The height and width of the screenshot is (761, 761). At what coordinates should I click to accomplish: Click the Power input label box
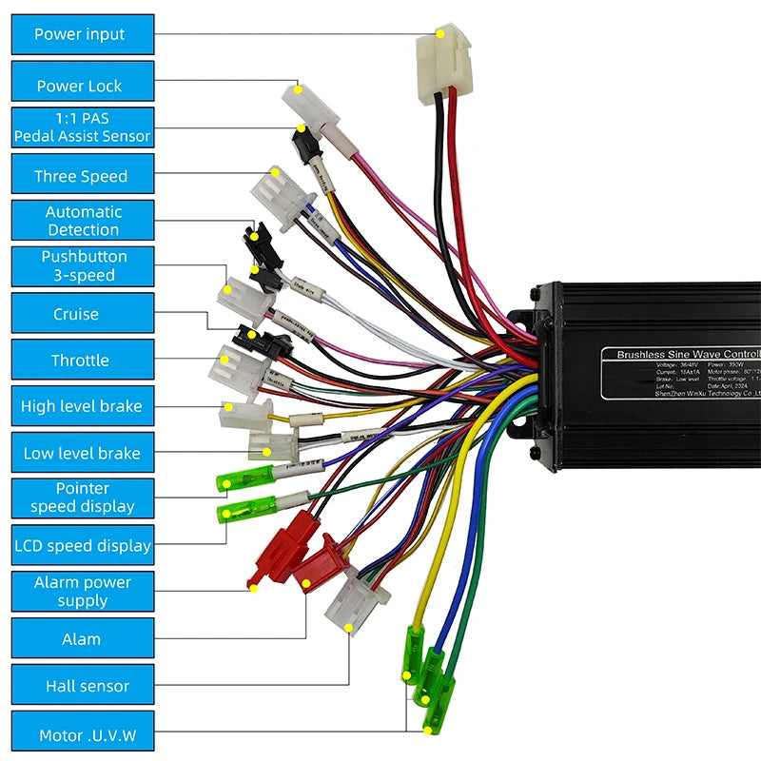click(82, 34)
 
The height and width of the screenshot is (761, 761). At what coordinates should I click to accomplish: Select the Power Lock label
click(82, 86)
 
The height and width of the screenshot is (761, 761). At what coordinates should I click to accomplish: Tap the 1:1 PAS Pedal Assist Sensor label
click(82, 127)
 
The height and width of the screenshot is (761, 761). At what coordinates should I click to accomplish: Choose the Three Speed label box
click(82, 176)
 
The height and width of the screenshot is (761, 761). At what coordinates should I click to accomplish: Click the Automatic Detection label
click(82, 221)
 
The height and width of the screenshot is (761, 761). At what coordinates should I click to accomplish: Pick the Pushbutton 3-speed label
click(82, 266)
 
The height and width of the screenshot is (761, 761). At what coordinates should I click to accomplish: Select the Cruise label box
click(82, 314)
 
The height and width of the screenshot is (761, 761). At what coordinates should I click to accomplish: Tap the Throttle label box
click(82, 361)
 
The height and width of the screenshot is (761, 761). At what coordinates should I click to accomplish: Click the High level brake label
click(82, 406)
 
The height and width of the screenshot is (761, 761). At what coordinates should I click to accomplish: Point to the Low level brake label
click(82, 454)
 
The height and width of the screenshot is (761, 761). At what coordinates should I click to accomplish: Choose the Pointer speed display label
click(82, 498)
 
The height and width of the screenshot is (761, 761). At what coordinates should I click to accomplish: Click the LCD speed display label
click(82, 546)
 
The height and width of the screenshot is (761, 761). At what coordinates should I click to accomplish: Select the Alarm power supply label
click(82, 592)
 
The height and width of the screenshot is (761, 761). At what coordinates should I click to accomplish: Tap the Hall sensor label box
click(82, 686)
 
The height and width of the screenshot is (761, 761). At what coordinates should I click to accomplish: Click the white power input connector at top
click(440, 62)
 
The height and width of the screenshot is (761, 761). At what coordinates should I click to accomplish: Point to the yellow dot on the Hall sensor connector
click(349, 628)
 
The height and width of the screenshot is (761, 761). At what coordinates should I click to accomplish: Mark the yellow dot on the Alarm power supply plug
click(254, 588)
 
